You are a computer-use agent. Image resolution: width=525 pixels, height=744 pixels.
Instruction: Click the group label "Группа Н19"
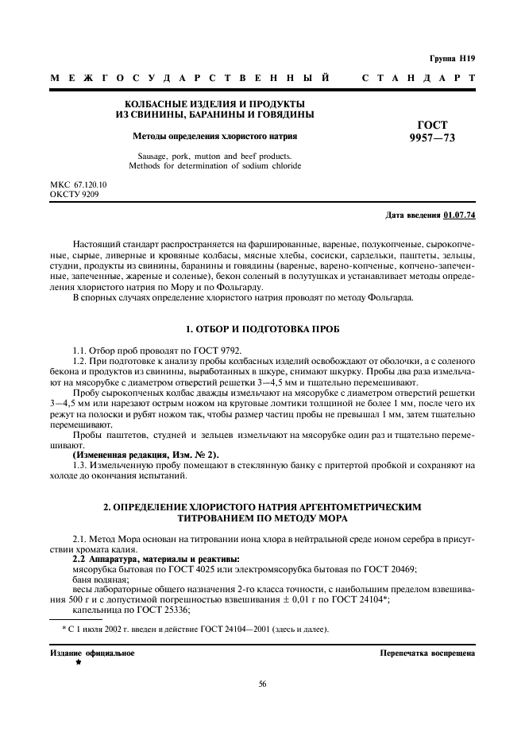[451, 59]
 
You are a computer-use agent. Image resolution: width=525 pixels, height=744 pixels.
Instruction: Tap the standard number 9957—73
[432, 138]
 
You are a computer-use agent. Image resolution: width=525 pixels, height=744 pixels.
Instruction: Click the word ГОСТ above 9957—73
[432, 125]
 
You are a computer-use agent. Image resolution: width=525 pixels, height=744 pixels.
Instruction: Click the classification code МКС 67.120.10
[79, 184]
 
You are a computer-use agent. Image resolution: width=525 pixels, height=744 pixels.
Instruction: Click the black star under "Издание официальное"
[79, 661]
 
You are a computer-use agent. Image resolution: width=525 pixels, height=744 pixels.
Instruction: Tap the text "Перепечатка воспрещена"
[428, 653]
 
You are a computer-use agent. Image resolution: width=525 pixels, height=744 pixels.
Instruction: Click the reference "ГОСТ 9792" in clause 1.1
[214, 350]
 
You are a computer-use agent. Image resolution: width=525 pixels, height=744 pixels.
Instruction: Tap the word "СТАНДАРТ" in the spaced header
[418, 79]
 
